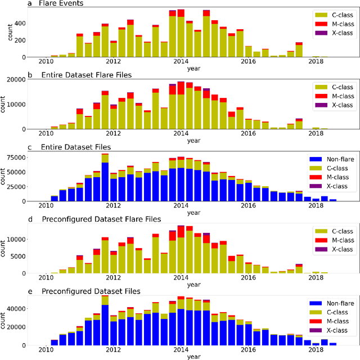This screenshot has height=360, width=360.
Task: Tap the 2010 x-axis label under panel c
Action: [x=46, y=206]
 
